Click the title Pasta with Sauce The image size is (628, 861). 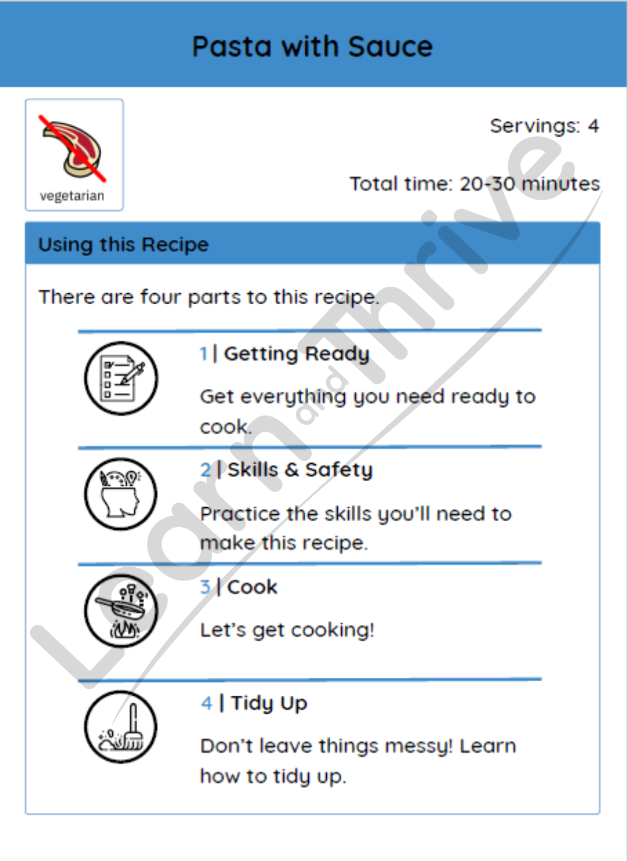click(312, 47)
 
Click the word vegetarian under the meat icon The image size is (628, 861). click(72, 196)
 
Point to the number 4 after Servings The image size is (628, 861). click(593, 126)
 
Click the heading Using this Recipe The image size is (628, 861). click(123, 244)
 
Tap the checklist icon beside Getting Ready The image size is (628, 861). click(121, 378)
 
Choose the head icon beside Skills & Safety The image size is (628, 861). click(121, 494)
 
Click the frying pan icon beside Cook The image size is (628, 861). click(121, 611)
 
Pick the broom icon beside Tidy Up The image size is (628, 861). click(121, 727)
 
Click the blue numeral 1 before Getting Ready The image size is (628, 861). click(204, 354)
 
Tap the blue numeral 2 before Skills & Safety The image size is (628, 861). click(206, 470)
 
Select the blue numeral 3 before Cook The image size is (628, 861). click(206, 587)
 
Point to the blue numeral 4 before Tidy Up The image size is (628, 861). click(207, 703)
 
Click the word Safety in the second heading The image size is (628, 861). click(339, 470)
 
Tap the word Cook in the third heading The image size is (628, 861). click(252, 587)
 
